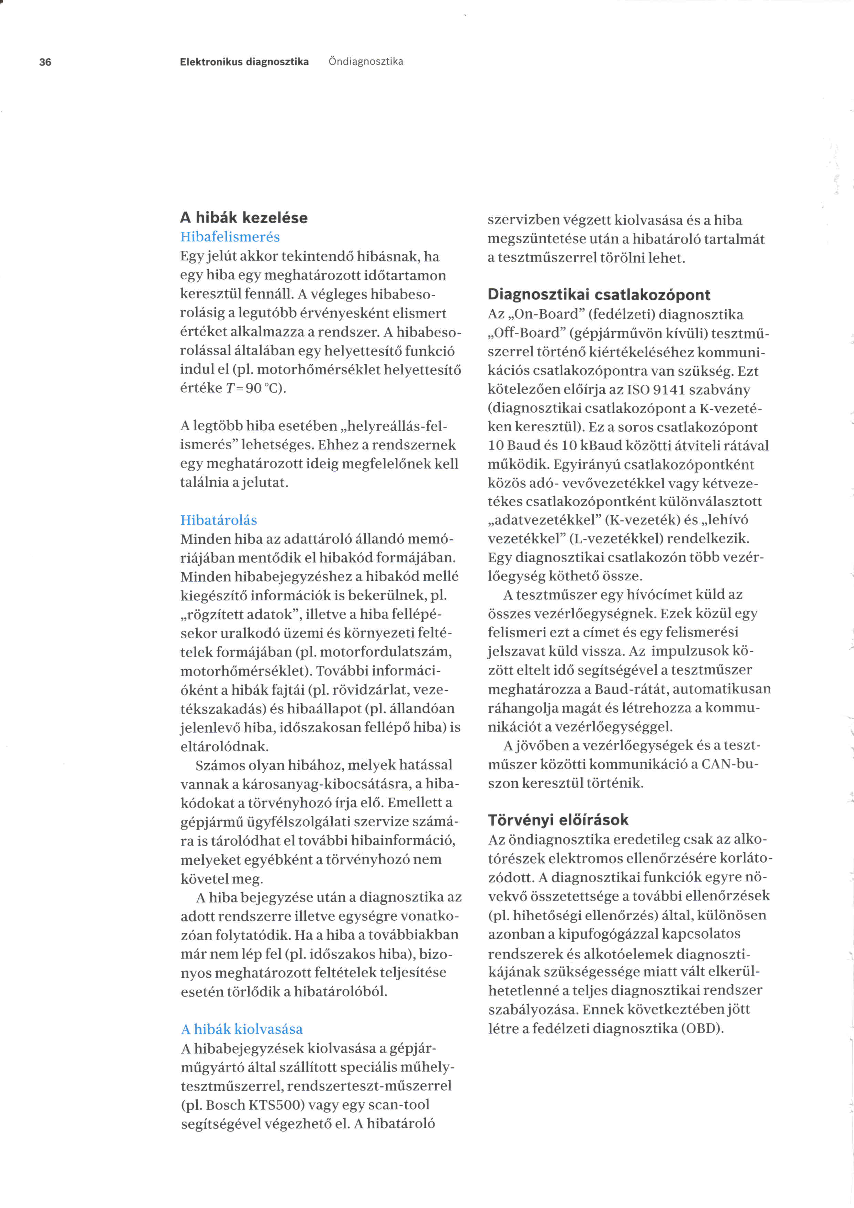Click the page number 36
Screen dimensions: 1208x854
pyautogui.click(x=45, y=62)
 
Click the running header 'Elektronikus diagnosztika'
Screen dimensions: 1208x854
pyautogui.click(x=244, y=62)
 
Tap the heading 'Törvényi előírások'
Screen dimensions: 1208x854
pyautogui.click(x=558, y=820)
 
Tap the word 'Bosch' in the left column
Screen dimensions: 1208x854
pyautogui.click(x=226, y=1104)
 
